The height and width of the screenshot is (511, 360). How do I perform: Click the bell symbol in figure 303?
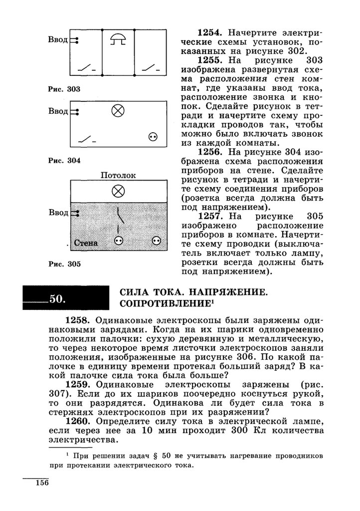pyautogui.click(x=118, y=39)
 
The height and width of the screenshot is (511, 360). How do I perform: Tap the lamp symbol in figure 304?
pyautogui.click(x=118, y=111)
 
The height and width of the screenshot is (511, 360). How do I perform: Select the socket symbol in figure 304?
pyautogui.click(x=153, y=137)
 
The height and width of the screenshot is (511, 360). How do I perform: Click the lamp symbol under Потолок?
pyautogui.click(x=118, y=190)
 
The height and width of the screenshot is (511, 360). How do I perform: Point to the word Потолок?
pyautogui.click(x=118, y=175)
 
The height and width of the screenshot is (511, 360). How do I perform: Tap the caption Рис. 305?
pyautogui.click(x=64, y=264)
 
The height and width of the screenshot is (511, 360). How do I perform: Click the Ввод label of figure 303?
pyautogui.click(x=58, y=40)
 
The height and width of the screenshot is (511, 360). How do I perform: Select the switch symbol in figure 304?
pyautogui.click(x=87, y=139)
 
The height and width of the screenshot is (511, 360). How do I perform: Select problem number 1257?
pyautogui.click(x=212, y=216)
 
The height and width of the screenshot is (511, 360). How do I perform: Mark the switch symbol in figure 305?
pyautogui.click(x=119, y=216)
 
